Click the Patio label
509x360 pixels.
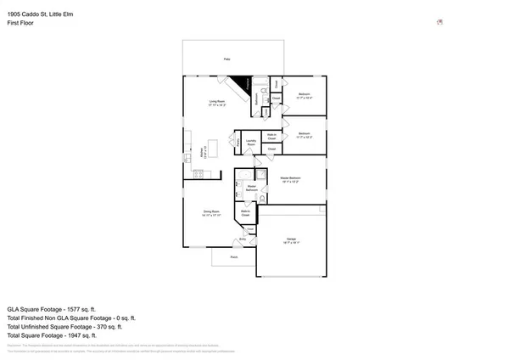(227, 59)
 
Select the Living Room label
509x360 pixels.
(218, 104)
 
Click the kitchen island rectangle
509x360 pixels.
(213, 149)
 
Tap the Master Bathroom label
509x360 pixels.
(251, 188)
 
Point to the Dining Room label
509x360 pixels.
(211, 213)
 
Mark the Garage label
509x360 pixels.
(291, 241)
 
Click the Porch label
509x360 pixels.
(233, 256)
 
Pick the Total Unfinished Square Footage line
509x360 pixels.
(64, 326)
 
